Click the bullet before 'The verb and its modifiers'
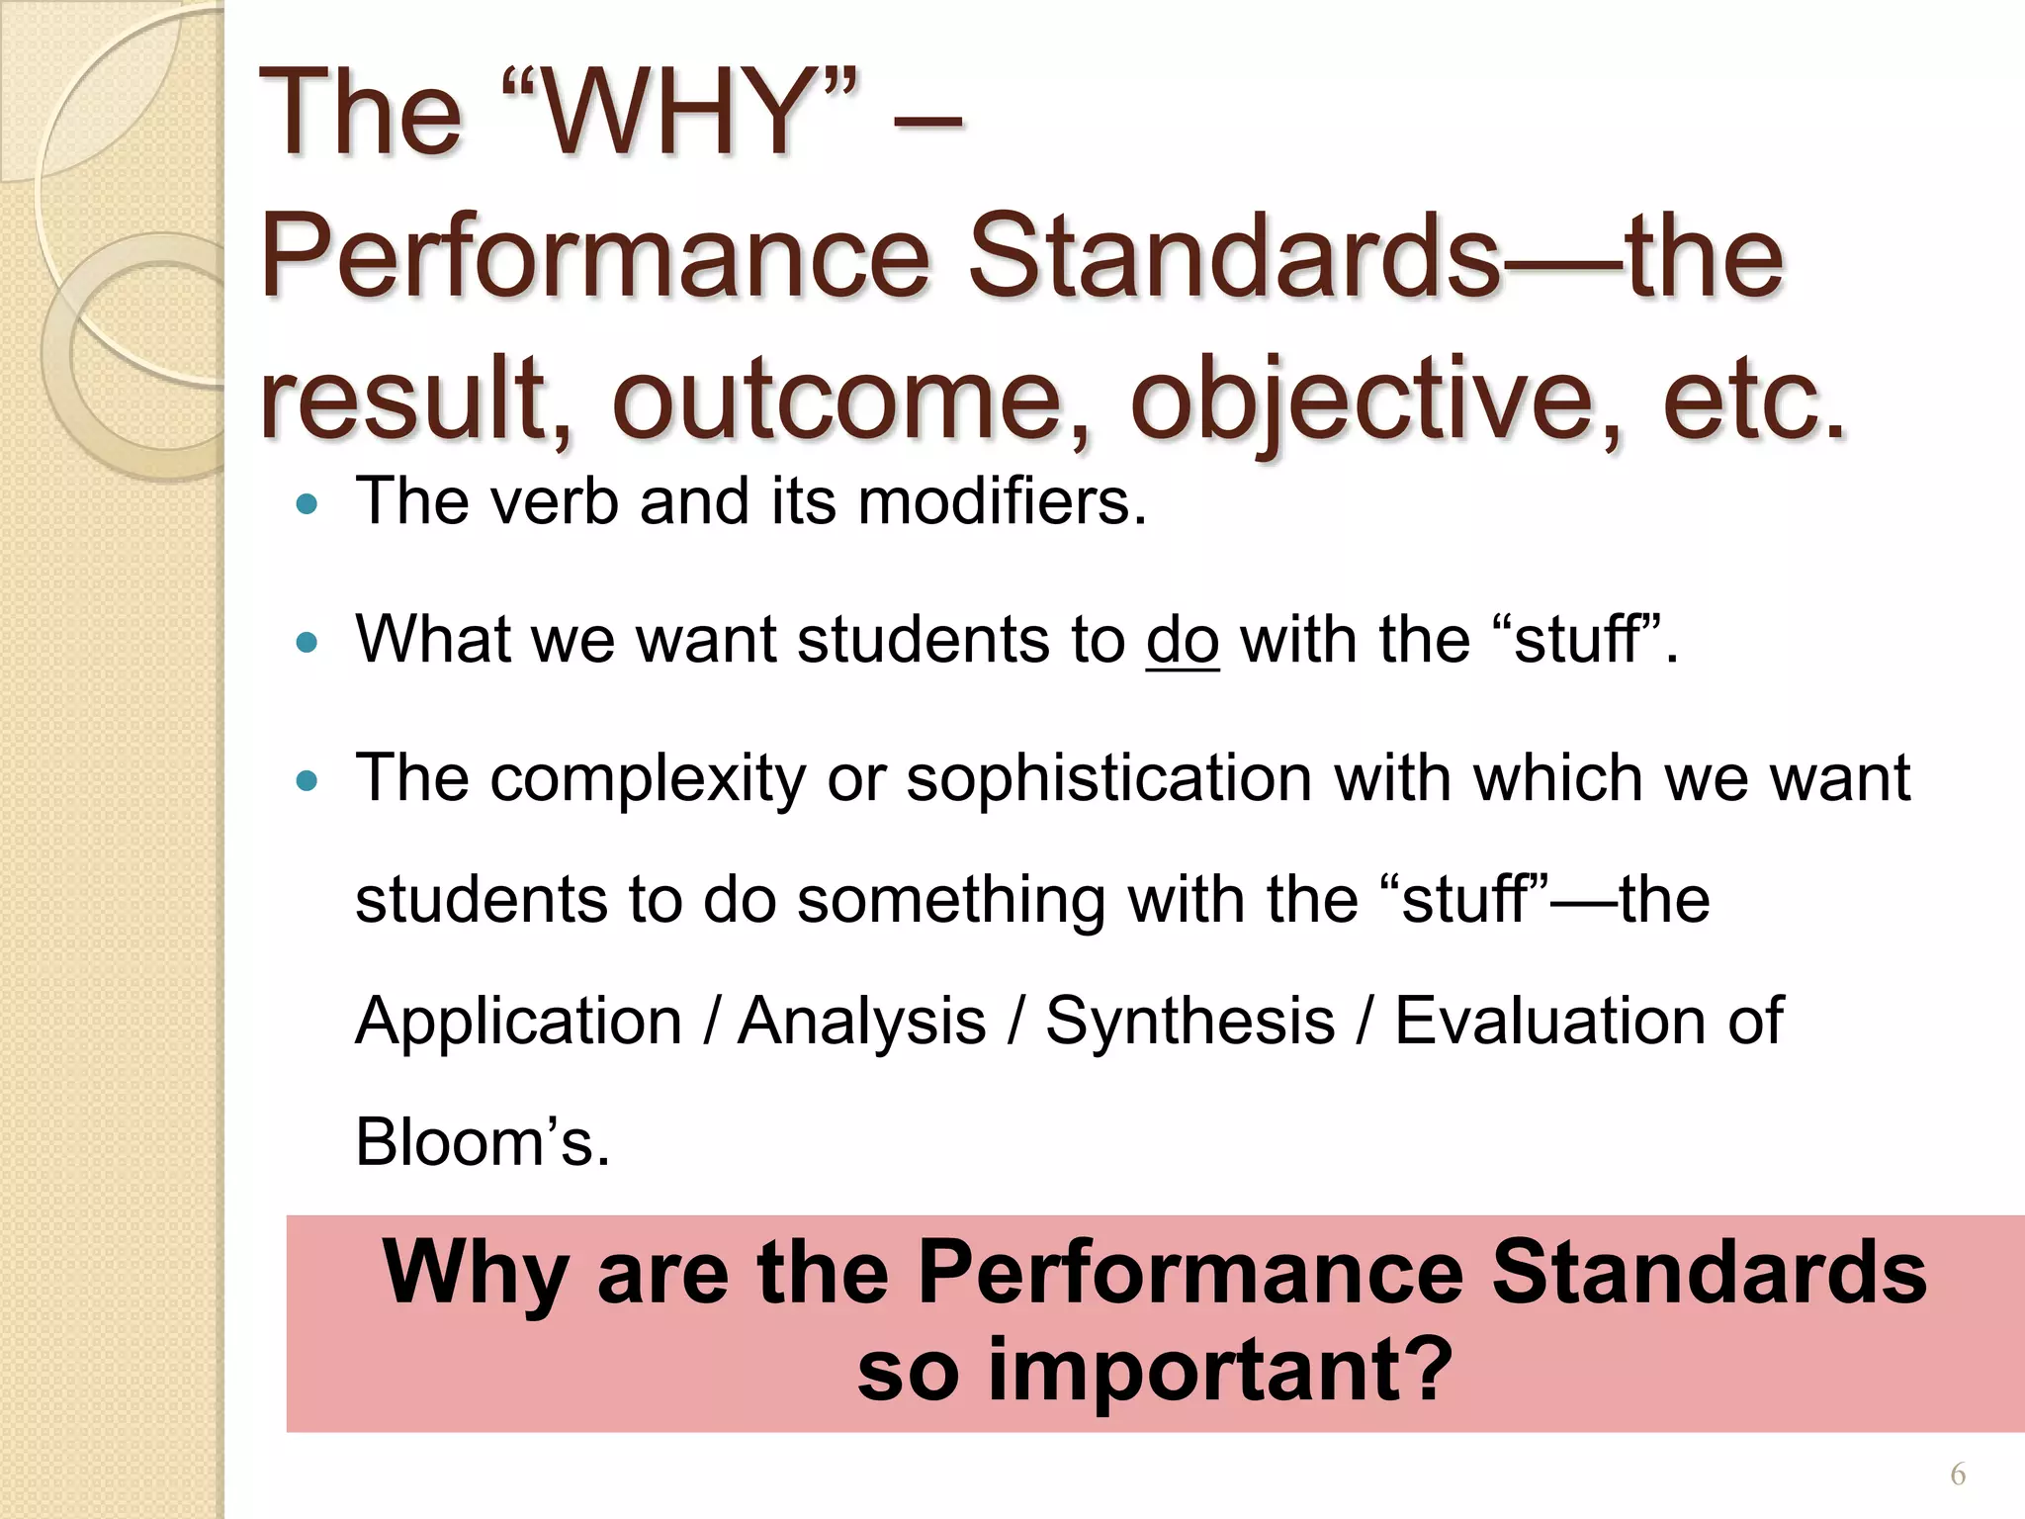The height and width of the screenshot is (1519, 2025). (308, 504)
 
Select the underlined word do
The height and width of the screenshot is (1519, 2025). (1182, 640)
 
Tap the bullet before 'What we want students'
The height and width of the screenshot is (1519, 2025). (308, 644)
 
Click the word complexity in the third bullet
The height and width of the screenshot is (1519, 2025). (648, 778)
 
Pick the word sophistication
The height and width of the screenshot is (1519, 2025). (1108, 778)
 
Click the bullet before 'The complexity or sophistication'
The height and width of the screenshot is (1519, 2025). (308, 782)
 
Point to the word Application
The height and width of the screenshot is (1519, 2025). (518, 1021)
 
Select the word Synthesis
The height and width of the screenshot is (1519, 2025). (1190, 1021)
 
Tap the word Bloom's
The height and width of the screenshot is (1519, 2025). (481, 1142)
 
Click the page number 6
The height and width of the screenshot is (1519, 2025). (1957, 1475)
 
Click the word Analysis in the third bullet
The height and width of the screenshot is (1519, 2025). (862, 1021)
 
